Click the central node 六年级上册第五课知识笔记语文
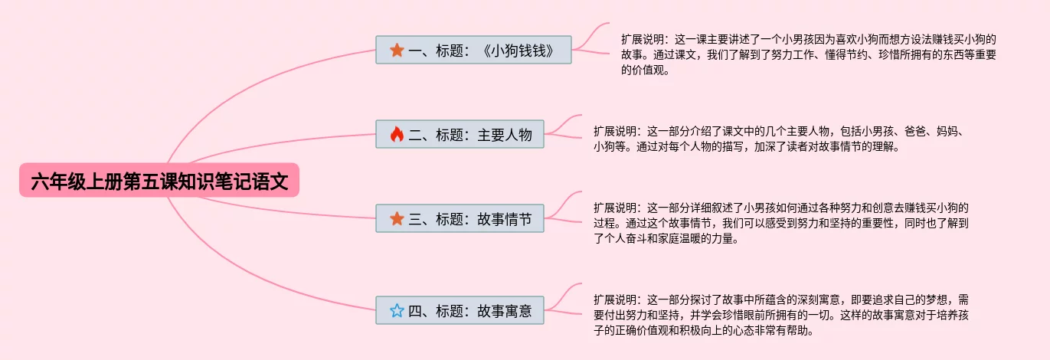tap(159, 182)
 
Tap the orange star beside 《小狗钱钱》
tap(397, 51)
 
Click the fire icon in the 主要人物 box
tap(397, 135)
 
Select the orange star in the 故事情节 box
tap(397, 219)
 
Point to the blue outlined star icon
tap(397, 310)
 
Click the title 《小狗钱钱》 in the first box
tap(518, 51)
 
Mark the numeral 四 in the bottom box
tap(415, 310)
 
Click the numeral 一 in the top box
tap(415, 51)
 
